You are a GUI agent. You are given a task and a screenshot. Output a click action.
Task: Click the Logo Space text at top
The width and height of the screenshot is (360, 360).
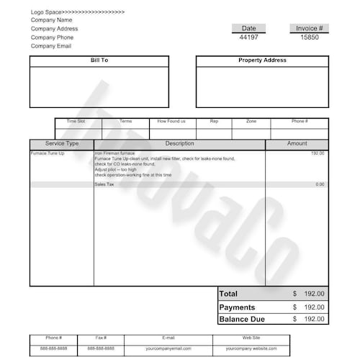[77, 12]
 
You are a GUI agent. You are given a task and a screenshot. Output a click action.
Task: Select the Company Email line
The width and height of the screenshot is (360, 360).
[50, 46]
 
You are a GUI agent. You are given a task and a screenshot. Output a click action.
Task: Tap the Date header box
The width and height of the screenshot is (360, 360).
[248, 28]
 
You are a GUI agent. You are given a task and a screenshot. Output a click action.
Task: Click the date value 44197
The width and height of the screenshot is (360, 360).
[248, 37]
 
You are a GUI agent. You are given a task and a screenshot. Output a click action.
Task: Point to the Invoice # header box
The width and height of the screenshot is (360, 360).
[310, 28]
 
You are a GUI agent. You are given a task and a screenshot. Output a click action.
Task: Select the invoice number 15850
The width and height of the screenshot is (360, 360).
[310, 37]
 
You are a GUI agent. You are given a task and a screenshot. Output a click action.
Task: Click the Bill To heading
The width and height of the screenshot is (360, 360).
[99, 60]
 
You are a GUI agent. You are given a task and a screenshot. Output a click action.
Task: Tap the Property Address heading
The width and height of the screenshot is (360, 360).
[262, 60]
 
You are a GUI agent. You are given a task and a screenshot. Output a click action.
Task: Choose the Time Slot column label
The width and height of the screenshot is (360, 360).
[76, 121]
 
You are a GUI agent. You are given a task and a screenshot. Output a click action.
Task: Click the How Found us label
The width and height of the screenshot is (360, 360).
[171, 121]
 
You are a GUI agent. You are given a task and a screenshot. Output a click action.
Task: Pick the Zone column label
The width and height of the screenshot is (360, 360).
[251, 121]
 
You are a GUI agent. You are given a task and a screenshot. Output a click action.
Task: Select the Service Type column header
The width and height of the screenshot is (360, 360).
[62, 144]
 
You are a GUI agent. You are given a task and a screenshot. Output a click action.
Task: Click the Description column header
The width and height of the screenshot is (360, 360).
[179, 144]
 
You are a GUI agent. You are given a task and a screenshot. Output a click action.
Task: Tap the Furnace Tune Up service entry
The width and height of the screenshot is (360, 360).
[48, 153]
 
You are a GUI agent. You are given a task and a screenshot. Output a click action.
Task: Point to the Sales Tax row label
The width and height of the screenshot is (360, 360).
[104, 184]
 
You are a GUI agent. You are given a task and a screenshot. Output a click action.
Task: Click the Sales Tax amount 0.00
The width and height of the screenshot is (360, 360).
[320, 184]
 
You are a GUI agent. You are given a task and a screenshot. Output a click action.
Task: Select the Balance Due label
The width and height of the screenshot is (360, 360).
[242, 319]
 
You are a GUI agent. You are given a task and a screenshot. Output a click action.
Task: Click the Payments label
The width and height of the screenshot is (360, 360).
[237, 307]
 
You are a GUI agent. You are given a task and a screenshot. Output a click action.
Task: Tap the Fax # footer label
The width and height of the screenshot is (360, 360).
[101, 337]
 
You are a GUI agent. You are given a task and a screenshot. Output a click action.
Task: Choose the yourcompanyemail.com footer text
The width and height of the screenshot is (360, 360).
[168, 348]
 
